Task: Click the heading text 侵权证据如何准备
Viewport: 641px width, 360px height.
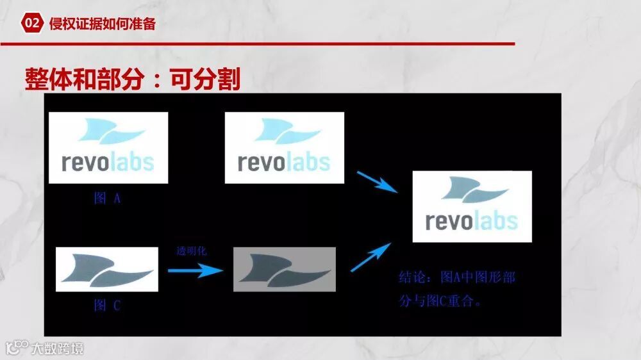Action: pos(102,24)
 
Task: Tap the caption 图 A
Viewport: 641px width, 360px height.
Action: pos(107,199)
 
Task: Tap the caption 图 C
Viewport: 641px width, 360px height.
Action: pos(107,306)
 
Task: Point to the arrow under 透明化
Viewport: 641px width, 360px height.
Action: pos(195,270)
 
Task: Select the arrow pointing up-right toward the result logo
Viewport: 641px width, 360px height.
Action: pos(371,257)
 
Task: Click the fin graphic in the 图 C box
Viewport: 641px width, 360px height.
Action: pos(106,269)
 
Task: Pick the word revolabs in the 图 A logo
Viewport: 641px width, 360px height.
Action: pos(108,162)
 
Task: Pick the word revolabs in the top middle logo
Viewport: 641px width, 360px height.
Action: pos(284,162)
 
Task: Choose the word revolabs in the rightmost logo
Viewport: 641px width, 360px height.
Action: pos(472,221)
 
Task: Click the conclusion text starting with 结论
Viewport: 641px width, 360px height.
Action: pos(456,289)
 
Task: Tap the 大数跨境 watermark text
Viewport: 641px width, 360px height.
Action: pos(58,348)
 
